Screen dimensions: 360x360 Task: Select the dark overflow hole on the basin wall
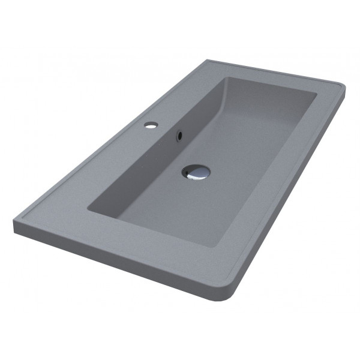pyautogui.click(x=178, y=137)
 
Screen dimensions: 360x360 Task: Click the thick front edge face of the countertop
pyautogui.click(x=120, y=265)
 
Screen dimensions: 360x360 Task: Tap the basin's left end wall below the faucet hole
pyautogui.click(x=150, y=162)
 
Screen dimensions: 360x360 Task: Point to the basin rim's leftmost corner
pyautogui.click(x=88, y=208)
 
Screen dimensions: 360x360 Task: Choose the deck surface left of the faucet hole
pyautogui.click(x=108, y=150)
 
